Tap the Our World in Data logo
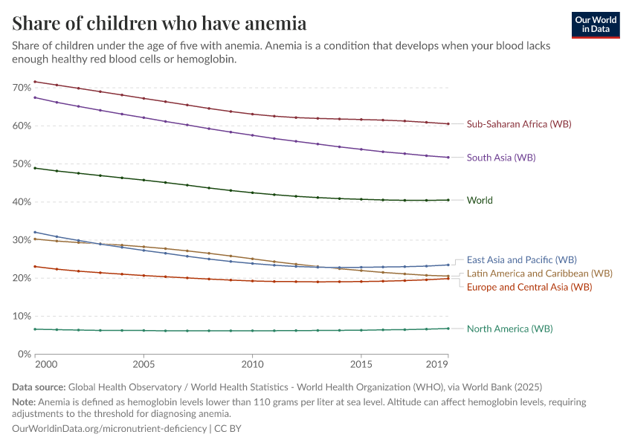point(596,25)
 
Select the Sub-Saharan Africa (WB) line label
point(518,124)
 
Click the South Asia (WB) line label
point(500,158)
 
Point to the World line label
point(480,200)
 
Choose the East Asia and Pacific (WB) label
point(521,260)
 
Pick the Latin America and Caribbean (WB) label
point(539,274)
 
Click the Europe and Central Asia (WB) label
point(529,287)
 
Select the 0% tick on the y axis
point(24,355)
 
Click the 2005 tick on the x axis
point(144,366)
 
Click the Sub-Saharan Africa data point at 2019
point(448,124)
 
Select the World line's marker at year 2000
point(35,168)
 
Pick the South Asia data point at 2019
point(448,158)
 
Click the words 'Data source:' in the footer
point(39,387)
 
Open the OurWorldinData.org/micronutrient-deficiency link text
point(109,429)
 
